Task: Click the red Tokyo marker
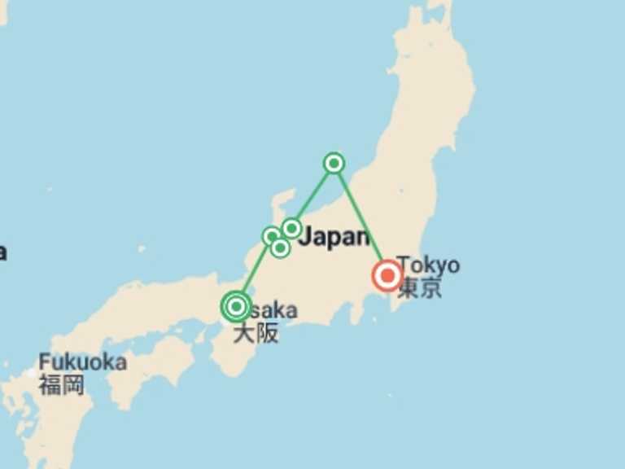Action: (x=387, y=275)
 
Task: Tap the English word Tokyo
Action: (x=429, y=265)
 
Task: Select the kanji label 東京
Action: (x=420, y=287)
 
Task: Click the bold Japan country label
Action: (x=334, y=238)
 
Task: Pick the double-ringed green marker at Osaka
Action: (x=236, y=306)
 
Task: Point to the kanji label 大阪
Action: (x=256, y=332)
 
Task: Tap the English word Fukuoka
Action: (x=82, y=362)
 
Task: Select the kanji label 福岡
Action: (x=61, y=384)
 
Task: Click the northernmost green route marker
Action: (x=334, y=163)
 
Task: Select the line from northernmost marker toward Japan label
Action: (x=313, y=195)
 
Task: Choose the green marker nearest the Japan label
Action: (x=291, y=228)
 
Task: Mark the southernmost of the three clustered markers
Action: (x=280, y=248)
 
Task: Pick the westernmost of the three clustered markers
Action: (x=271, y=236)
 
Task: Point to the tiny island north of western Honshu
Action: (x=142, y=248)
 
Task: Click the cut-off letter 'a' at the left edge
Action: (x=2, y=252)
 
